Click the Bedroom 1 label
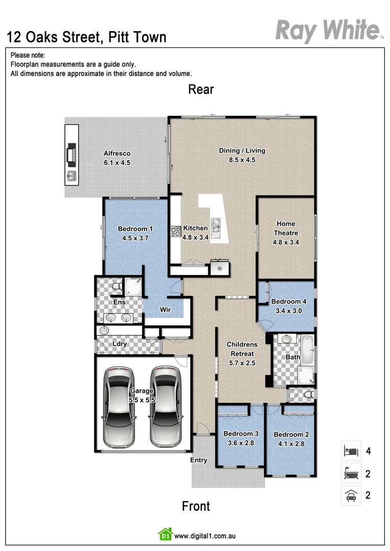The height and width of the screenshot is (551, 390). [x=135, y=233]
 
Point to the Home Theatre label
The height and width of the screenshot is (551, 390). [x=286, y=233]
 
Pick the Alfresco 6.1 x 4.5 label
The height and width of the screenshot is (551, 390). [x=117, y=158]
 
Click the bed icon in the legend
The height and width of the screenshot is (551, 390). [x=351, y=450]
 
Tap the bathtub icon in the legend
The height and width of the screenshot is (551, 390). [x=351, y=473]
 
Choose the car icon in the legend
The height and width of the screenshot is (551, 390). [x=351, y=495]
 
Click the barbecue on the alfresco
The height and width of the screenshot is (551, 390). [x=72, y=154]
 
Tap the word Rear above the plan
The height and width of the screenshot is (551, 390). [x=201, y=89]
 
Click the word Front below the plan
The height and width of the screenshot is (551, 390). [x=196, y=506]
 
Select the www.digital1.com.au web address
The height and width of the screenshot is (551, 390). [x=205, y=536]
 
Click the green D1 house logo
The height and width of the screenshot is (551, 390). [x=165, y=535]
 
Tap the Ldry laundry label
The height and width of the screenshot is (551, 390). [x=119, y=344]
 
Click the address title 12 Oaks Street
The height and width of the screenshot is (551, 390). [x=86, y=37]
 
